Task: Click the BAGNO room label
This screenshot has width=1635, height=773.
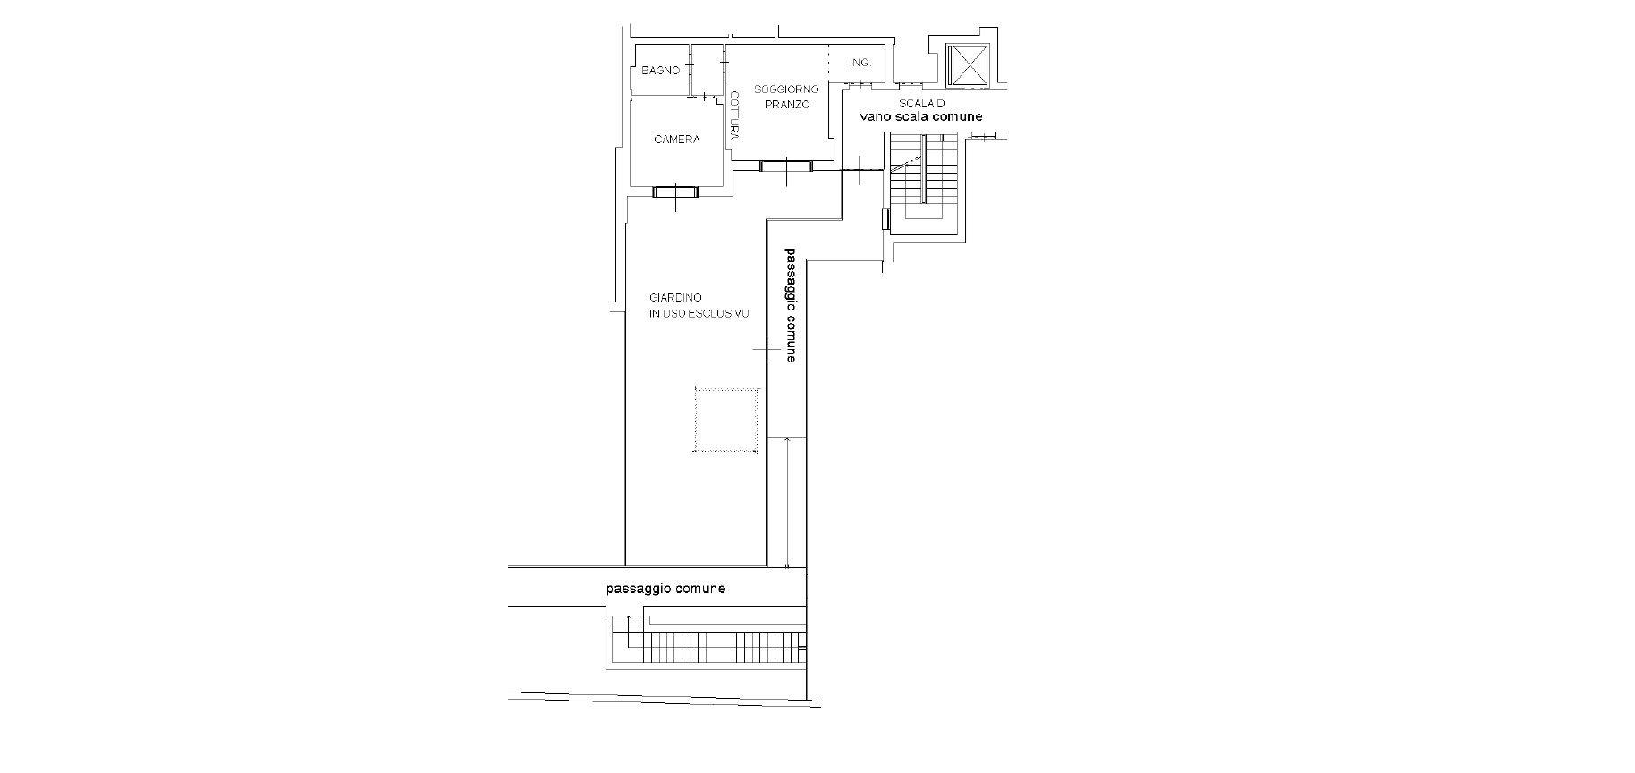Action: click(660, 71)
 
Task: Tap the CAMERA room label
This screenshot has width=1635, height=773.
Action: click(676, 140)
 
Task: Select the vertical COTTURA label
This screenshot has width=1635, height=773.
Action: click(734, 115)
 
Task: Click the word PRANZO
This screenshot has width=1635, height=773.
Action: click(787, 105)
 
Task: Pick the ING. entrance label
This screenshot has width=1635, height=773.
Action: click(860, 63)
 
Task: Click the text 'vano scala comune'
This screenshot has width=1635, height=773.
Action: click(920, 117)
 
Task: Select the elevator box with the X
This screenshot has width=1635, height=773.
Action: click(968, 64)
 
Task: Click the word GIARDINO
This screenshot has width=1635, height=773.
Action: click(675, 297)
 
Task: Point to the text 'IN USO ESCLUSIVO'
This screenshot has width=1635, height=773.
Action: click(699, 313)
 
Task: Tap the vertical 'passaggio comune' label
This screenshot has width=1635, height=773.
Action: click(790, 305)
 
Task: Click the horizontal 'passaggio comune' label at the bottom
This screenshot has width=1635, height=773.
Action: click(665, 589)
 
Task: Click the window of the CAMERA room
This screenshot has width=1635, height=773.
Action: click(674, 191)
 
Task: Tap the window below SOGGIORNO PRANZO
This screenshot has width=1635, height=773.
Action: click(786, 166)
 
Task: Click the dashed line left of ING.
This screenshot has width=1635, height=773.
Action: click(829, 63)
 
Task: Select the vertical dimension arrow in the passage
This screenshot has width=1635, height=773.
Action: click(786, 503)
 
